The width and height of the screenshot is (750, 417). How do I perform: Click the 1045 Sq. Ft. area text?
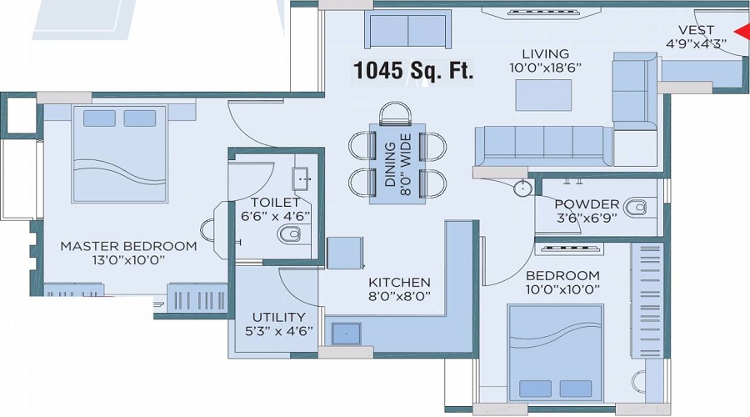(413, 71)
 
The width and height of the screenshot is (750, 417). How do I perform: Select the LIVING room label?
(545, 53)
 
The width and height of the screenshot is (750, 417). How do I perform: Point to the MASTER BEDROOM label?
(128, 246)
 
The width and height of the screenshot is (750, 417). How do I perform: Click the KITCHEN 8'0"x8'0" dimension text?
(399, 296)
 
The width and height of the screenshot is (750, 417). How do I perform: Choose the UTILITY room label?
(279, 317)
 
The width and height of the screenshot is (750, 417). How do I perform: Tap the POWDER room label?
(587, 204)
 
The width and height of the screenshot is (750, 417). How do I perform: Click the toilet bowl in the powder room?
(636, 208)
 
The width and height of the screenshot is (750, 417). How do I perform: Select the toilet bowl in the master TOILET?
(289, 234)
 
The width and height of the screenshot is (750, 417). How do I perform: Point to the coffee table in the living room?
(543, 95)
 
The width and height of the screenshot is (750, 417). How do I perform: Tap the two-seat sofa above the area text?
(407, 29)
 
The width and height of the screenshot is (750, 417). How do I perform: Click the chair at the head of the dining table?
(395, 114)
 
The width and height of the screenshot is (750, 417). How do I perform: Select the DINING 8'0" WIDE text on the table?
(397, 164)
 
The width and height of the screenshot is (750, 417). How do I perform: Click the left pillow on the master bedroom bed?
(99, 118)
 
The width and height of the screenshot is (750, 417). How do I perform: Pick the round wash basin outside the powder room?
(522, 188)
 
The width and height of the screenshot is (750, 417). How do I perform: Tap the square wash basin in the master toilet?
(301, 178)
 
